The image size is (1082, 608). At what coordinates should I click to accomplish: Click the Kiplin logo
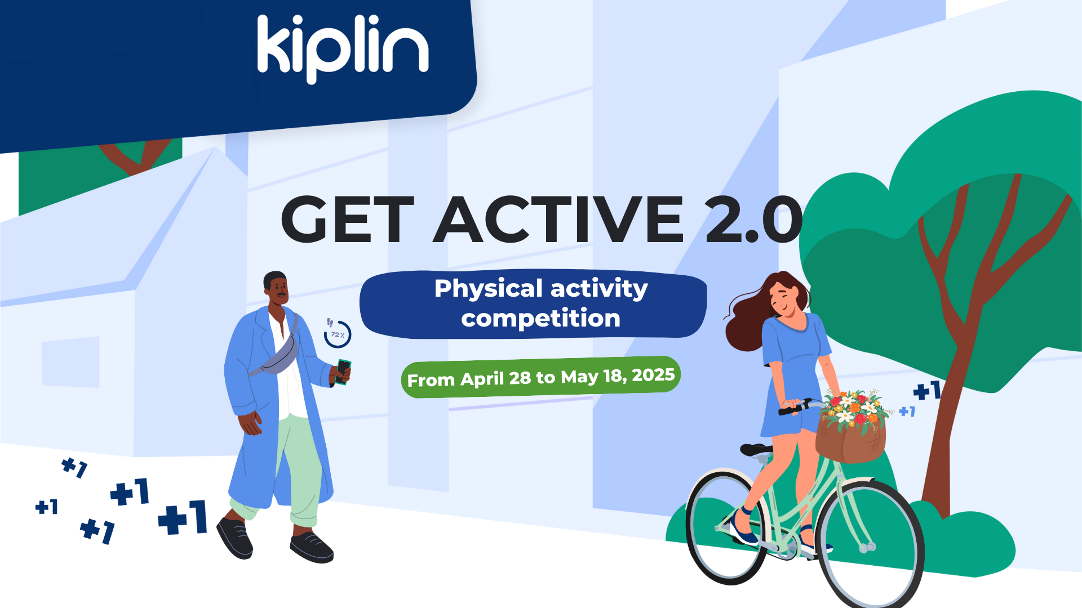click(x=343, y=49)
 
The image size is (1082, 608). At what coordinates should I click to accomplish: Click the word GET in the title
click(x=347, y=220)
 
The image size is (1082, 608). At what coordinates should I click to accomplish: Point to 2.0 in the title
click(x=753, y=220)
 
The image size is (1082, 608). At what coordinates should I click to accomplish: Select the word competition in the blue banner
click(x=540, y=319)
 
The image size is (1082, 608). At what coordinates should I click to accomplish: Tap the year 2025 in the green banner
click(x=653, y=375)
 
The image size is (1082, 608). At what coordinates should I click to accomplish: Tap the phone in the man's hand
click(x=343, y=372)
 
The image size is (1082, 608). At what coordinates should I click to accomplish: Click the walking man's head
click(x=276, y=288)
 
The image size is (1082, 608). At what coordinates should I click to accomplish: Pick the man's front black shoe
click(x=312, y=547)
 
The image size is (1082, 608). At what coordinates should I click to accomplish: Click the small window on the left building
click(x=70, y=362)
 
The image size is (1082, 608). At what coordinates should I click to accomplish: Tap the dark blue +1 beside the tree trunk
click(x=926, y=390)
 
